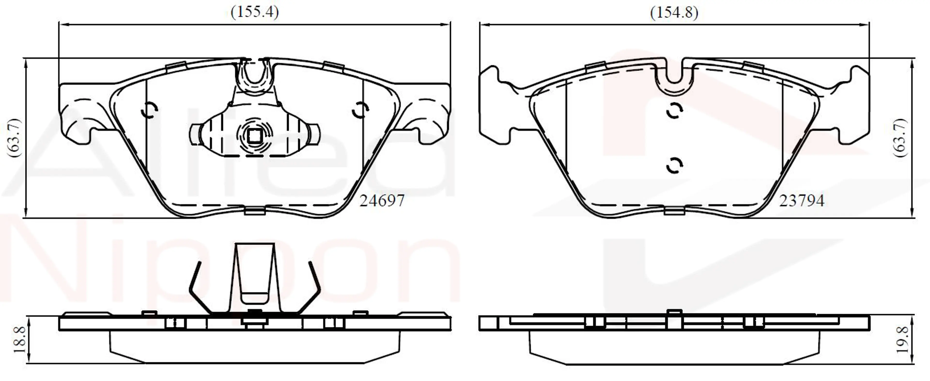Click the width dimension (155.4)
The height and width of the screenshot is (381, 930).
[255, 12]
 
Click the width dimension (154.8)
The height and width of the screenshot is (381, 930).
[674, 12]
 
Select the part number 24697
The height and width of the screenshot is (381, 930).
[382, 201]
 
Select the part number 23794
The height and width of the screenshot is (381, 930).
[801, 201]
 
